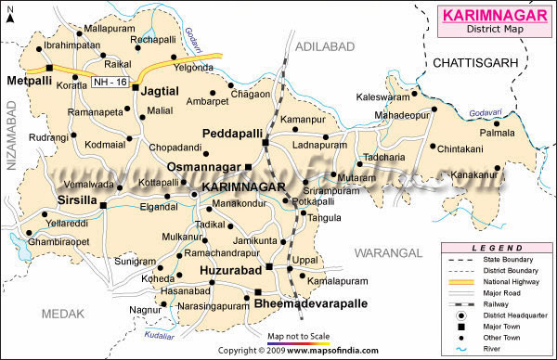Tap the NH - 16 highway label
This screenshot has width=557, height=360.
coord(110,84)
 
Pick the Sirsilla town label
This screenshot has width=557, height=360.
coord(75,198)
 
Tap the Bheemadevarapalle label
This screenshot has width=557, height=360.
coord(313,302)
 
